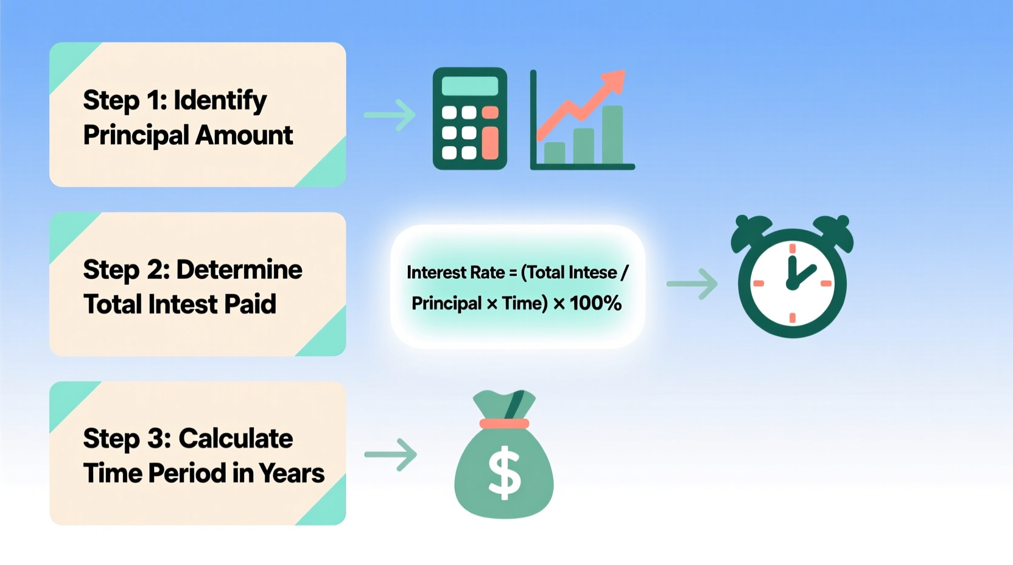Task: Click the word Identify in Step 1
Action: click(220, 100)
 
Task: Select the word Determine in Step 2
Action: click(239, 270)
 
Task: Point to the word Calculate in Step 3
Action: click(236, 439)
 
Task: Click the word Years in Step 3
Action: click(291, 473)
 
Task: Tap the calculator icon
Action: click(469, 119)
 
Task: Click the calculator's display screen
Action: click(469, 86)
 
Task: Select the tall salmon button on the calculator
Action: click(490, 143)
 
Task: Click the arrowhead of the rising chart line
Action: click(616, 80)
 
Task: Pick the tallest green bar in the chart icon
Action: click(612, 135)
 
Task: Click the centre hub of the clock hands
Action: click(792, 284)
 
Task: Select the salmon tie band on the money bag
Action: click(504, 424)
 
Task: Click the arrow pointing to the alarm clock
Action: click(692, 284)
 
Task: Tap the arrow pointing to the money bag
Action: click(391, 454)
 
